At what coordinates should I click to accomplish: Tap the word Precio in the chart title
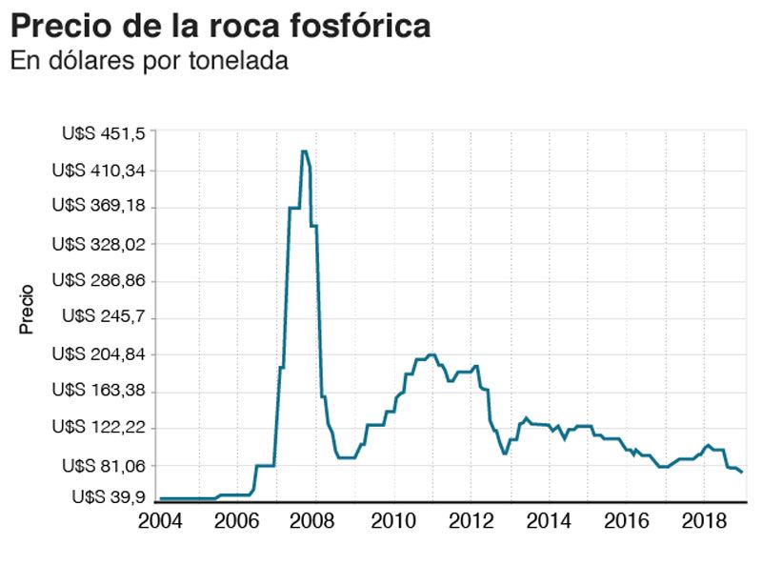coord(61,26)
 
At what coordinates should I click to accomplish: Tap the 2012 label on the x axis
coord(470,521)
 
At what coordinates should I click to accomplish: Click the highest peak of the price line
coord(304,151)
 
